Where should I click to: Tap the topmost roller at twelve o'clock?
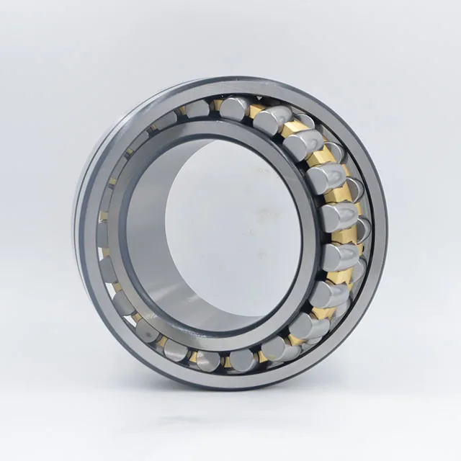click(x=234, y=107)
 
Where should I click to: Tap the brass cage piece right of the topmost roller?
click(x=256, y=110)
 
